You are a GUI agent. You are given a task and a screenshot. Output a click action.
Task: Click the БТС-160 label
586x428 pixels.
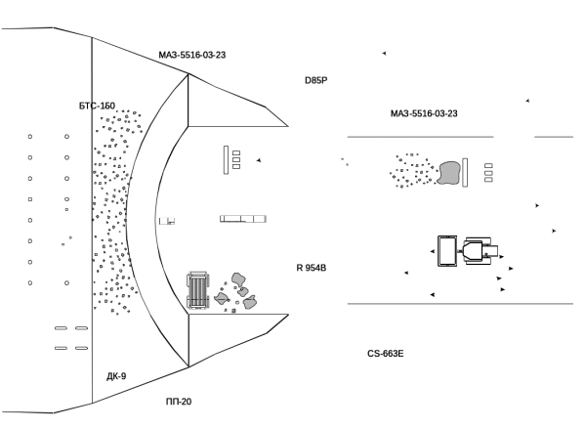coord(97,106)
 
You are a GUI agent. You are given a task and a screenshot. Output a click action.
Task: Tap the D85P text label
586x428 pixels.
coord(315,80)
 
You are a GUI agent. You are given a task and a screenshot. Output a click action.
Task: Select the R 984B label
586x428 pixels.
coord(312,268)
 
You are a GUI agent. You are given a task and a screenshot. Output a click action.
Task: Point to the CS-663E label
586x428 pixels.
coord(386,354)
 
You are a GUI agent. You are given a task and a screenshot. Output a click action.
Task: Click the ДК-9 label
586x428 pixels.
coord(116,376)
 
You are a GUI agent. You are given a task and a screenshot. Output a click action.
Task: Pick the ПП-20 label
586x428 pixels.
coord(179,402)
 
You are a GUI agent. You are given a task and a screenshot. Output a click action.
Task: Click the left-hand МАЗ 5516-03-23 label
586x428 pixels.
coord(192,55)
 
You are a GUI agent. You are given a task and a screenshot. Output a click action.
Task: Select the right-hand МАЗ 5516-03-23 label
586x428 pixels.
coord(424,113)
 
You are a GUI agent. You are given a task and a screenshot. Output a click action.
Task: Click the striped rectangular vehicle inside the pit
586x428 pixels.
coord(198,290)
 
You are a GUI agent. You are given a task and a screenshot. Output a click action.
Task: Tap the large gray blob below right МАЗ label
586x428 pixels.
coord(449,173)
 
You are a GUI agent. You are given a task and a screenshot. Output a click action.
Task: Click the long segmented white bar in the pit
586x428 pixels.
coord(243,218)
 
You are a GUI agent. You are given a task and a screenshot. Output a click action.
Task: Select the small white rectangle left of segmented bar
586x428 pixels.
coord(166,221)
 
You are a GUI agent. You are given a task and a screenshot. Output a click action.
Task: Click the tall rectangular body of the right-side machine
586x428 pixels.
coord(448,250)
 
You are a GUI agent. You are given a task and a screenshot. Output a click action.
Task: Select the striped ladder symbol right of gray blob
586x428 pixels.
coord(488,173)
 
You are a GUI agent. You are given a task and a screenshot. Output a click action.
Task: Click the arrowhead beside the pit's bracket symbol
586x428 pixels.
coord(258,160)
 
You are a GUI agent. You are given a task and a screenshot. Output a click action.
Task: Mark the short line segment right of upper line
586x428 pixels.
coord(554,137)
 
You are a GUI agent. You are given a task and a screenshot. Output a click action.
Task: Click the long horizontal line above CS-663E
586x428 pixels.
coord(459,304)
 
